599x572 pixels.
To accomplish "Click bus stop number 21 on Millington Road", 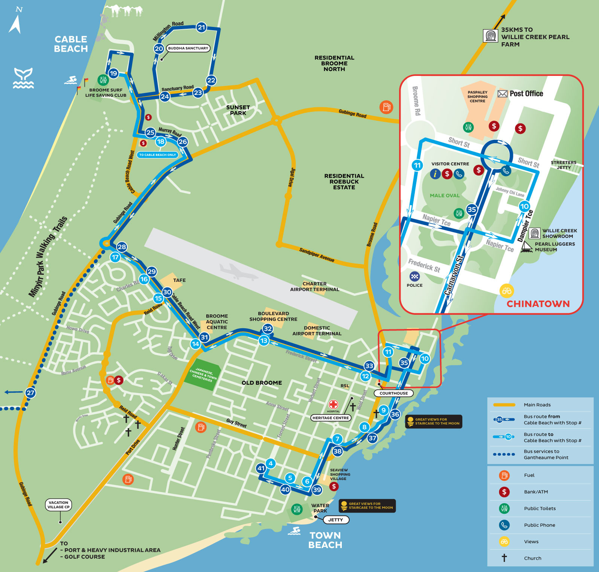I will [x=201, y=27].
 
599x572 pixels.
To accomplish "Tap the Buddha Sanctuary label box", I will [x=188, y=48].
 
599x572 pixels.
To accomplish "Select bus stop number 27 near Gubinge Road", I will [x=30, y=393].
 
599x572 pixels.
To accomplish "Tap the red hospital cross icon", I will [x=333, y=405].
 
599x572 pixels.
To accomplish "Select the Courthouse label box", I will [x=393, y=393].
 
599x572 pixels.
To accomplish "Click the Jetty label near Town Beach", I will [x=335, y=520].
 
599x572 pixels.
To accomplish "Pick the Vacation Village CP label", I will [x=58, y=505].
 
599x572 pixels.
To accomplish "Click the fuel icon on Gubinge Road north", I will [x=386, y=107].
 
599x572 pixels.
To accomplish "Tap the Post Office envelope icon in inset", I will [x=502, y=94].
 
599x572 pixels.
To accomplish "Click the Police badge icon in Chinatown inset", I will [x=414, y=277].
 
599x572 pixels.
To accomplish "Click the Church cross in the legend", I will [x=504, y=558].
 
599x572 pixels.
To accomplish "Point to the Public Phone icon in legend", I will [x=504, y=525].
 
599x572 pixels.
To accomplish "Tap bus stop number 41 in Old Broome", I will [x=261, y=468].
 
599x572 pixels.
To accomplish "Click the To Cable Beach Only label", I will [x=157, y=155].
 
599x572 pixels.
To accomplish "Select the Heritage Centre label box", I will [x=331, y=418].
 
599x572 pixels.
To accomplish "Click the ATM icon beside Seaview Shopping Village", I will [x=334, y=486].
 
